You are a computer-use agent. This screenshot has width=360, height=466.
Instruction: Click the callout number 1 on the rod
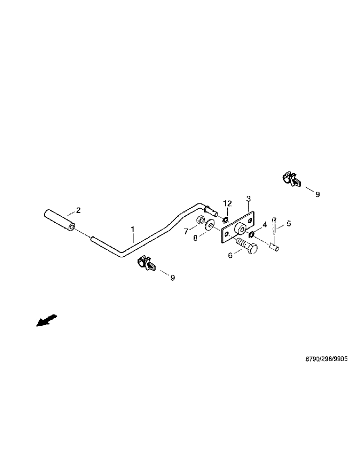(x=132, y=229)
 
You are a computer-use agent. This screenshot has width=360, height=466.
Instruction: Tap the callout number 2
(x=78, y=210)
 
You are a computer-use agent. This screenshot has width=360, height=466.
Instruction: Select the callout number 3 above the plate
(x=248, y=199)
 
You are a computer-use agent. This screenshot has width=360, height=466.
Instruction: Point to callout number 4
(x=264, y=225)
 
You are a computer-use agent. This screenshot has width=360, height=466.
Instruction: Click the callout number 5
(x=288, y=224)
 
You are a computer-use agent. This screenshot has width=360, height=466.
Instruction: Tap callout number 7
(x=186, y=231)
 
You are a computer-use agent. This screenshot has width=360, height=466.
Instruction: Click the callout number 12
(x=228, y=203)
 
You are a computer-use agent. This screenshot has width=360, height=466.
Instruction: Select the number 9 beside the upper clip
(x=318, y=194)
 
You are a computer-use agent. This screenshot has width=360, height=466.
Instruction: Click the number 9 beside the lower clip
(x=172, y=278)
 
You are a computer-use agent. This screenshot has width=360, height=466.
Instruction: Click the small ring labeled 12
(x=225, y=219)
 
